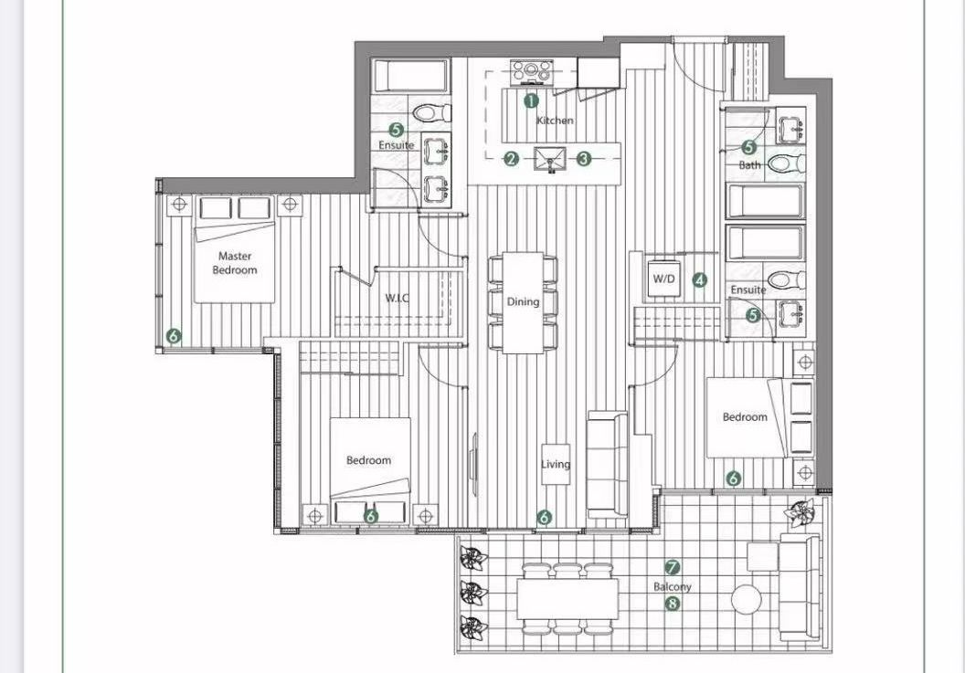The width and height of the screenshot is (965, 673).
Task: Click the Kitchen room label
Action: pyautogui.click(x=555, y=121)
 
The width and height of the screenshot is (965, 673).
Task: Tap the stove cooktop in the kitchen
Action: pyautogui.click(x=532, y=71)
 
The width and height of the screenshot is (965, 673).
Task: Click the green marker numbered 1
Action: pyautogui.click(x=531, y=100)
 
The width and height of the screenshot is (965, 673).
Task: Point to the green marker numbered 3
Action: pyautogui.click(x=583, y=159)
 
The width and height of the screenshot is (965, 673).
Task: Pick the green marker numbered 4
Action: pyautogui.click(x=700, y=280)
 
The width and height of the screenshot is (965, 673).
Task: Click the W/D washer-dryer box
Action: pyautogui.click(x=663, y=279)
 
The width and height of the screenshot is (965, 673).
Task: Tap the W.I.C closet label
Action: pyautogui.click(x=397, y=299)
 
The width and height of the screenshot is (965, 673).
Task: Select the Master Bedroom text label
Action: pyautogui.click(x=235, y=263)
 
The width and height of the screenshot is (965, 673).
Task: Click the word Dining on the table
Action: pyautogui.click(x=523, y=301)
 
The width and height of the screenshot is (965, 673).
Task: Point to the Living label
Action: pyautogui.click(x=555, y=464)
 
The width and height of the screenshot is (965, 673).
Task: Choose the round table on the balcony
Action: pyautogui.click(x=747, y=598)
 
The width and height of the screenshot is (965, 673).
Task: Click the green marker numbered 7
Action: pyautogui.click(x=673, y=567)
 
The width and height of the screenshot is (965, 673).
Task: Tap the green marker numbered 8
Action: pyautogui.click(x=673, y=605)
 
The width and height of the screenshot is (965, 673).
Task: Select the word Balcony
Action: pyautogui.click(x=672, y=586)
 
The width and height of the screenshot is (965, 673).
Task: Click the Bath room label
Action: pyautogui.click(x=749, y=165)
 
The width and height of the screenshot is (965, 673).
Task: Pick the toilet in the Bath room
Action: pyautogui.click(x=786, y=163)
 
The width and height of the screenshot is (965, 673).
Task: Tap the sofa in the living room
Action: pyautogui.click(x=607, y=465)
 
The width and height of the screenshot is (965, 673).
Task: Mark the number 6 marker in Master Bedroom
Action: pyautogui.click(x=174, y=336)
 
